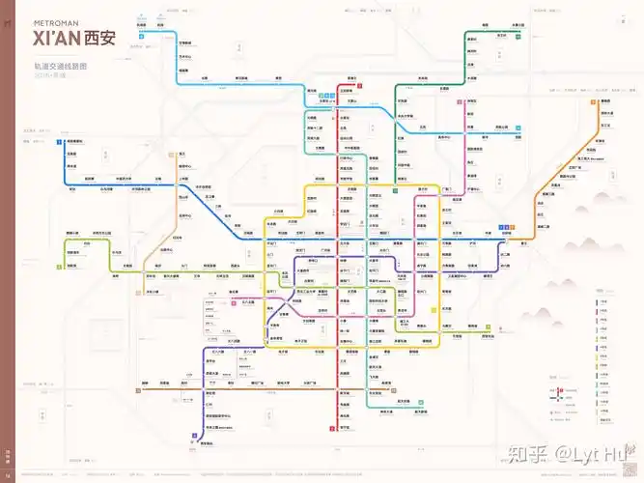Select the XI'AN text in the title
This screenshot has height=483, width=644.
[x=56, y=39]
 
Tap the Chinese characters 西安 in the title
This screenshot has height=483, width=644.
[x=98, y=39]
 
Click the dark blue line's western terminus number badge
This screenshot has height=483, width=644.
[x=59, y=142]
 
